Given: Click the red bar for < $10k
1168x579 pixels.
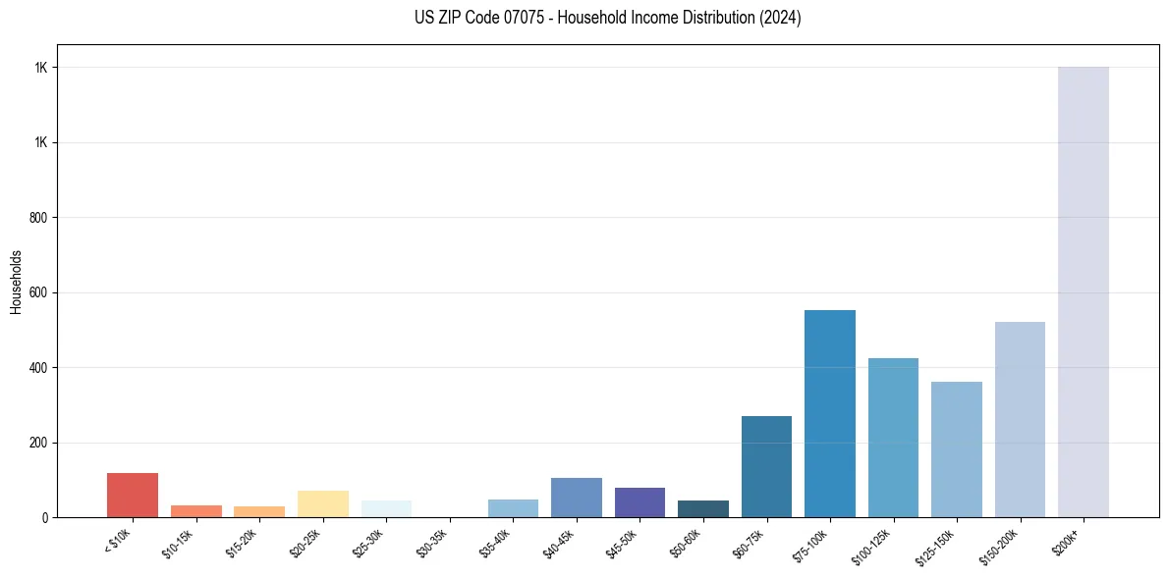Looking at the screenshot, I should click(x=133, y=496).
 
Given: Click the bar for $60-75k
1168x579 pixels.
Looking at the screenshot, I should click(x=766, y=467).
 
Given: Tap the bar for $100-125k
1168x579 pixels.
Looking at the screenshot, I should click(x=893, y=438).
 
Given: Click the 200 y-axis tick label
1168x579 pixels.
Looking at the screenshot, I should click(x=40, y=443).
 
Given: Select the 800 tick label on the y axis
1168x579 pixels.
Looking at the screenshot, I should click(x=40, y=218).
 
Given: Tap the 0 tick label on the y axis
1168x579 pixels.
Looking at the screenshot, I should click(x=45, y=517).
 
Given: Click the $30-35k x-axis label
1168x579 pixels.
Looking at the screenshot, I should click(x=433, y=543).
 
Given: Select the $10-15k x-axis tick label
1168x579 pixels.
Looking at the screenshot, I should click(x=179, y=543).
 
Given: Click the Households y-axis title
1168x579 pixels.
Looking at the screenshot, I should click(x=17, y=282).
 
